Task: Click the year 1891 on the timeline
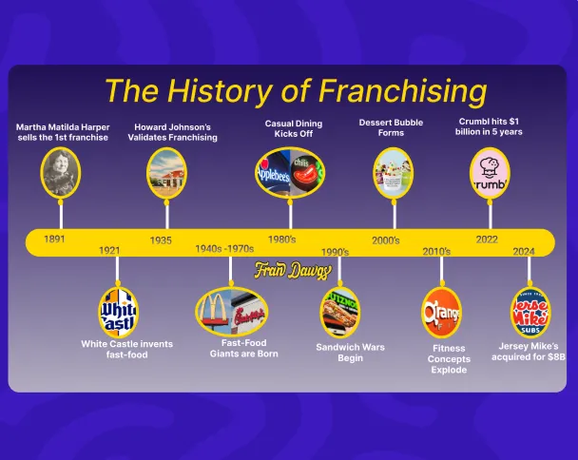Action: click(54, 239)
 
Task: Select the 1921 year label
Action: click(109, 250)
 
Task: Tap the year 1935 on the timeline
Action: click(161, 240)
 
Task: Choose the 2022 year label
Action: click(487, 240)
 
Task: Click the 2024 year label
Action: click(524, 251)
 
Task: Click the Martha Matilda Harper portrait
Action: click(61, 173)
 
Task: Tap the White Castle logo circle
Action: click(118, 311)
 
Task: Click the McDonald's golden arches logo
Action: click(216, 311)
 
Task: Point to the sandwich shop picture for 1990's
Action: click(339, 312)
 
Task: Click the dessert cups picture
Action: click(393, 173)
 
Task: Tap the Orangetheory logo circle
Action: click(441, 313)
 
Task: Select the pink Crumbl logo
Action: click(490, 173)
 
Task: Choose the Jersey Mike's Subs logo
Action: click(530, 313)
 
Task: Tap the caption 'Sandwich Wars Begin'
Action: click(350, 353)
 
